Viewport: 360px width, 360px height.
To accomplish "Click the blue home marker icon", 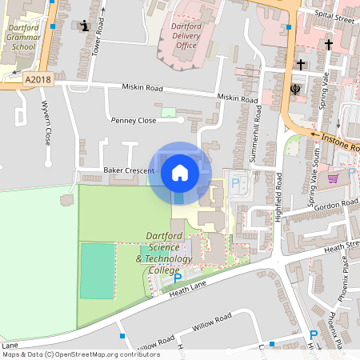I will click(x=180, y=172).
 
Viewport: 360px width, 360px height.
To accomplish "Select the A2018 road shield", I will click(x=36, y=79).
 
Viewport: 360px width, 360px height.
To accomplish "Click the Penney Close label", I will click(x=134, y=120).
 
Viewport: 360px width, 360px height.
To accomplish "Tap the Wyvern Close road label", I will click(x=46, y=123).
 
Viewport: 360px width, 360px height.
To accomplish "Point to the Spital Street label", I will click(x=334, y=15).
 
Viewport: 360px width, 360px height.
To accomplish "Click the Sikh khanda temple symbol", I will click(x=294, y=87).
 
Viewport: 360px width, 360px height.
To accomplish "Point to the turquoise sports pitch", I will click(x=98, y=270).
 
